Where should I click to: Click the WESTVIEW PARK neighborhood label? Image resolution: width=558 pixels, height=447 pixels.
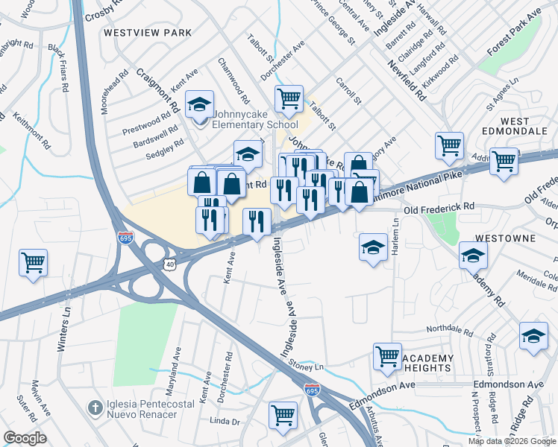[x=148, y=33]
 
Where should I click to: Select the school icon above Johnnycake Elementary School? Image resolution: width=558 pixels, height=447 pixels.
[x=199, y=104]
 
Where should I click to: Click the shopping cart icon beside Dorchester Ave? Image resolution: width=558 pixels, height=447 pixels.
[x=289, y=98]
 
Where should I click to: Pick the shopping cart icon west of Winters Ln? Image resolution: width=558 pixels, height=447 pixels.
[x=34, y=263]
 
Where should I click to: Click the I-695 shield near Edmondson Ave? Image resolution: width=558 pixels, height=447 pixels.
[x=312, y=390]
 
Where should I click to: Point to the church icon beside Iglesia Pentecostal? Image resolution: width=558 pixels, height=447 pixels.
[x=94, y=408]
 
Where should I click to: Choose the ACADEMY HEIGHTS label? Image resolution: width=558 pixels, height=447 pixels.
[x=427, y=364]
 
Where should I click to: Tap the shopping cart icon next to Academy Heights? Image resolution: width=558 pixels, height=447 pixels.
[x=387, y=357]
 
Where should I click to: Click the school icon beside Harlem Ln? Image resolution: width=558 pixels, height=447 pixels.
[x=373, y=247]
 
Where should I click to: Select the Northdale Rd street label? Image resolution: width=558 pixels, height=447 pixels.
[x=451, y=329]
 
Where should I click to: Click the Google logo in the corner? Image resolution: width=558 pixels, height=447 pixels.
[x=25, y=437]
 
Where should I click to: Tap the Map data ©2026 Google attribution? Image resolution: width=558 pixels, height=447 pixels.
[x=511, y=441]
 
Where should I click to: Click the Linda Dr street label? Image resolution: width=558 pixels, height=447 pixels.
[x=225, y=422]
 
